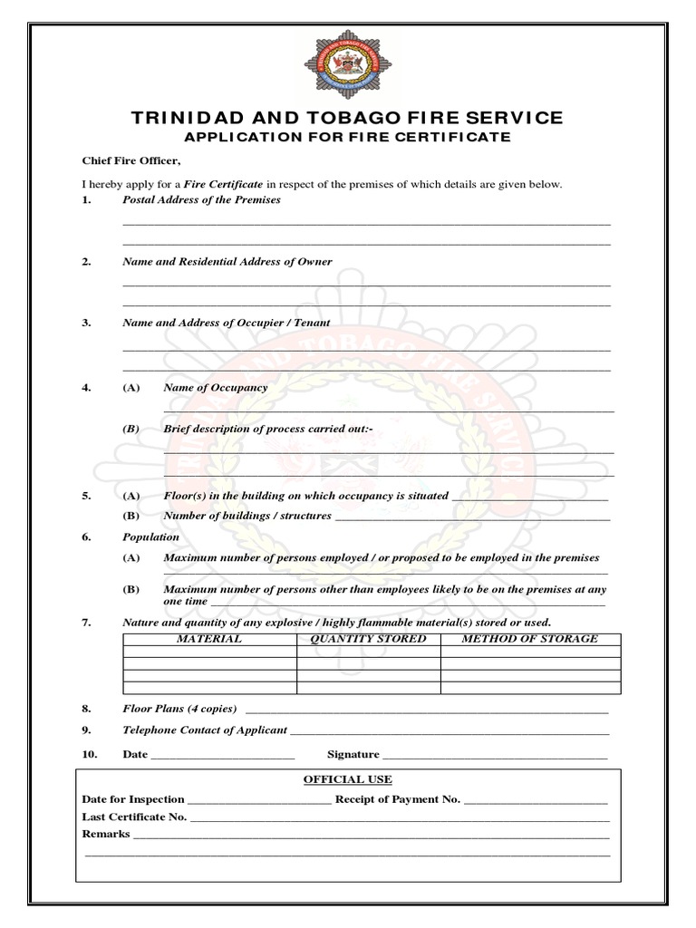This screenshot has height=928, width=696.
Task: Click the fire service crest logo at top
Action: click(346, 65)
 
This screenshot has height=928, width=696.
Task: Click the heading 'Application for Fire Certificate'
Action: click(347, 137)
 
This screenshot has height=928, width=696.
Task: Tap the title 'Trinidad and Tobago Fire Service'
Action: click(347, 118)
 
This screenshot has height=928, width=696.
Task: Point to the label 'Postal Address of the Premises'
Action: click(201, 199)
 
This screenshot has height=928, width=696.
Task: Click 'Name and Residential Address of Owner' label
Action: click(227, 261)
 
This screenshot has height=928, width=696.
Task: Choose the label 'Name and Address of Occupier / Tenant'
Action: click(226, 323)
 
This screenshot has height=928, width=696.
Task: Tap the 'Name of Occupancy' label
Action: click(215, 387)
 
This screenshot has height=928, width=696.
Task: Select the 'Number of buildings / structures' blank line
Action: click(472, 517)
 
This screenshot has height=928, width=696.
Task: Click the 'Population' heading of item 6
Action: click(150, 536)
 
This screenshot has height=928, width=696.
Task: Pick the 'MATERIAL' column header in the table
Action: click(209, 639)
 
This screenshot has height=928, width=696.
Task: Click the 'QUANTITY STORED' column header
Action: click(368, 639)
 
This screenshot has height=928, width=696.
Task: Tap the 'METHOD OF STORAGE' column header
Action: click(530, 639)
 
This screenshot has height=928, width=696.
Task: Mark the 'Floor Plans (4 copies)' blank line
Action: click(427, 710)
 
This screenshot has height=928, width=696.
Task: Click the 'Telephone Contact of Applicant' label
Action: click(204, 730)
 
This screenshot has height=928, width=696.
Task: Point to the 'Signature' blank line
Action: click(494, 756)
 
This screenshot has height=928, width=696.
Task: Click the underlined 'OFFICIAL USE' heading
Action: click(347, 779)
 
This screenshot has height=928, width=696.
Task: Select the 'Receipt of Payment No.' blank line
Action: click(536, 801)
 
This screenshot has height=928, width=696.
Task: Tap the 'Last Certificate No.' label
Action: click(134, 817)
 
